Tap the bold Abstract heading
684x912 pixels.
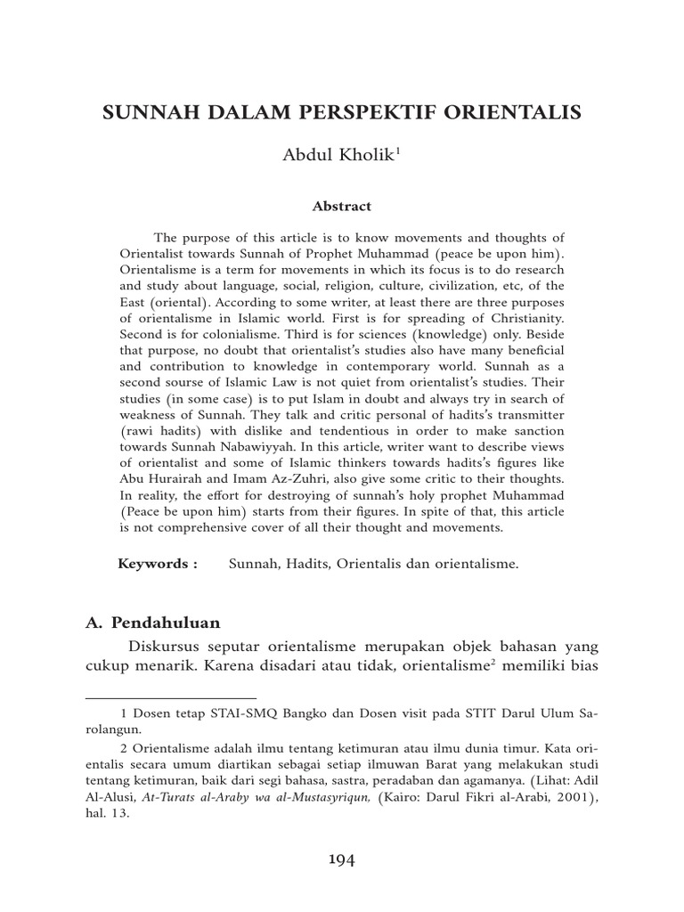coord(341,206)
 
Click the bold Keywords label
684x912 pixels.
coord(158,564)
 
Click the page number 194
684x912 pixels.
coord(342,859)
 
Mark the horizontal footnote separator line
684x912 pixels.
coord(170,698)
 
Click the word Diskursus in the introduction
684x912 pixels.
coord(166,645)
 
